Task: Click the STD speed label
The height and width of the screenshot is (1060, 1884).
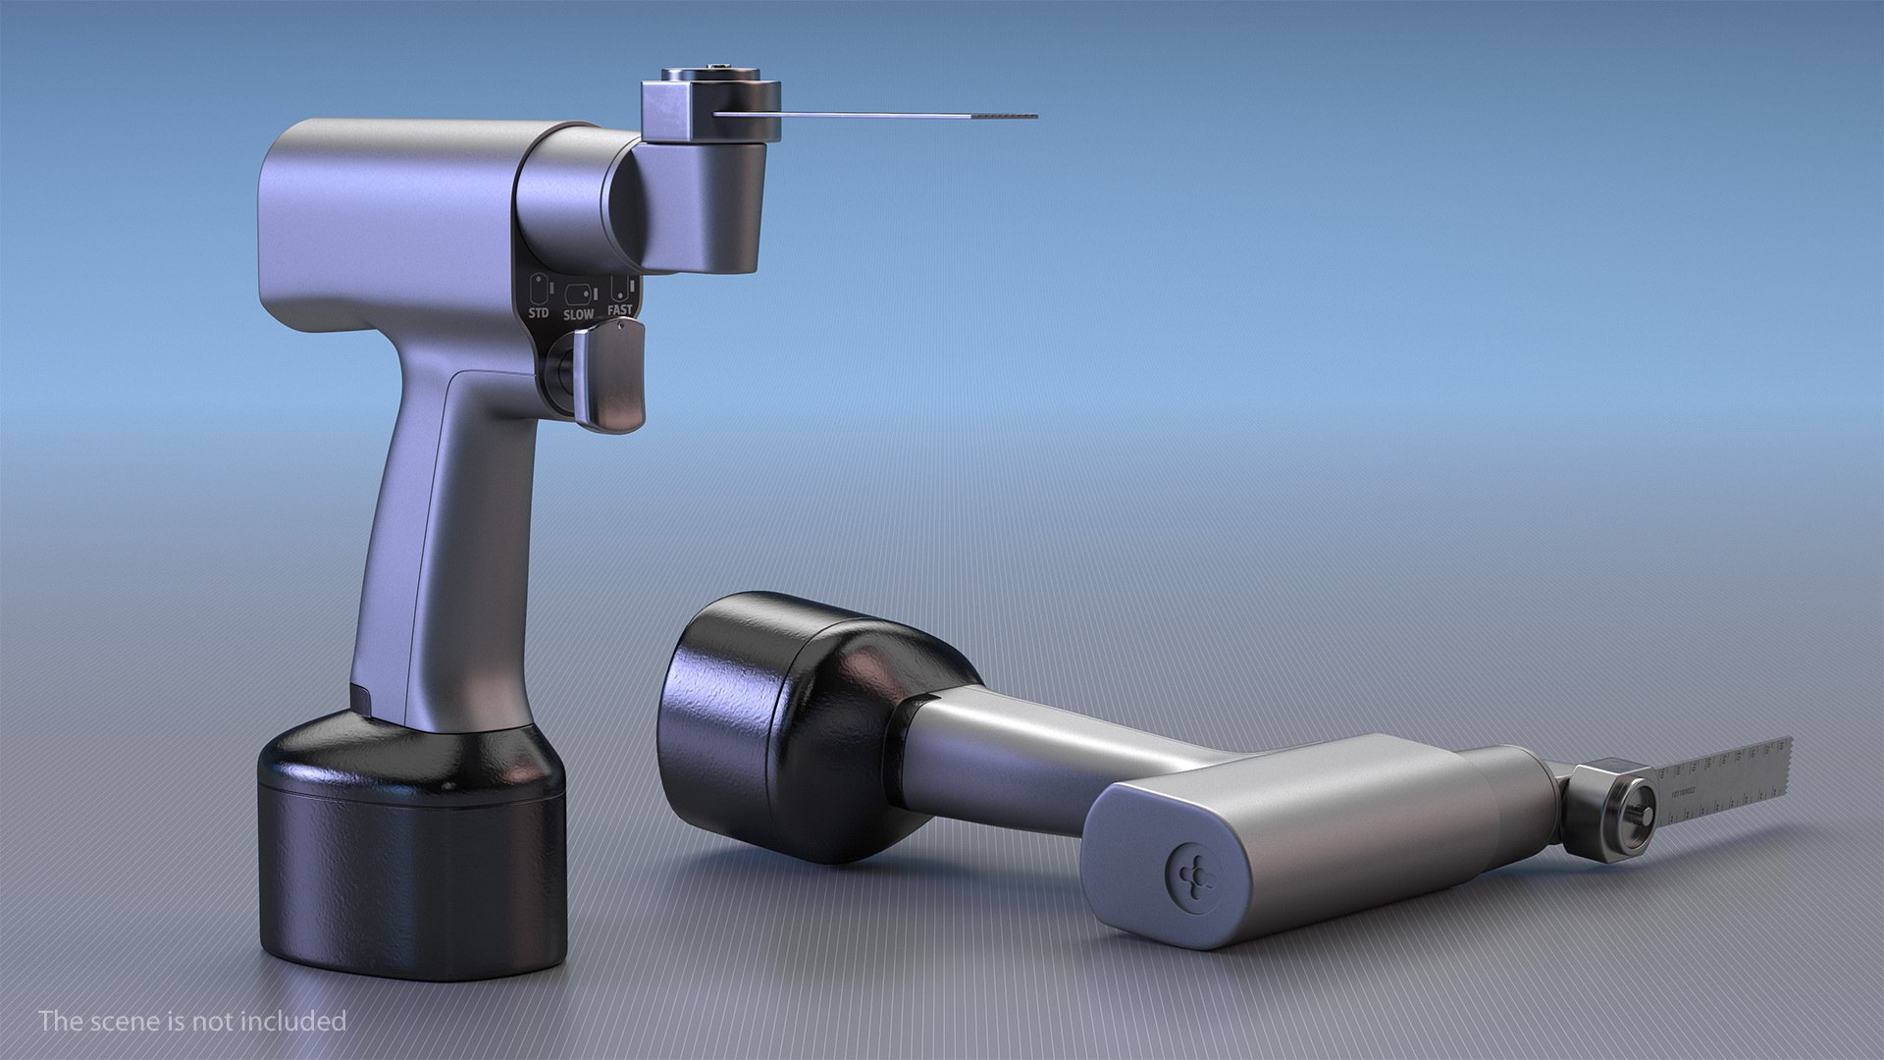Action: pos(539,313)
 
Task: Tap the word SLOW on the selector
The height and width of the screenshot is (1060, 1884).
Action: pos(578,315)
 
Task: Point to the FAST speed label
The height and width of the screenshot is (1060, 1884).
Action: pos(619,310)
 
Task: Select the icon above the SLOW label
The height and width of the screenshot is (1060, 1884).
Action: pos(577,293)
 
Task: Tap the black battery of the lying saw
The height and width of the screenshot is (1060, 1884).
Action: pos(785,726)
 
